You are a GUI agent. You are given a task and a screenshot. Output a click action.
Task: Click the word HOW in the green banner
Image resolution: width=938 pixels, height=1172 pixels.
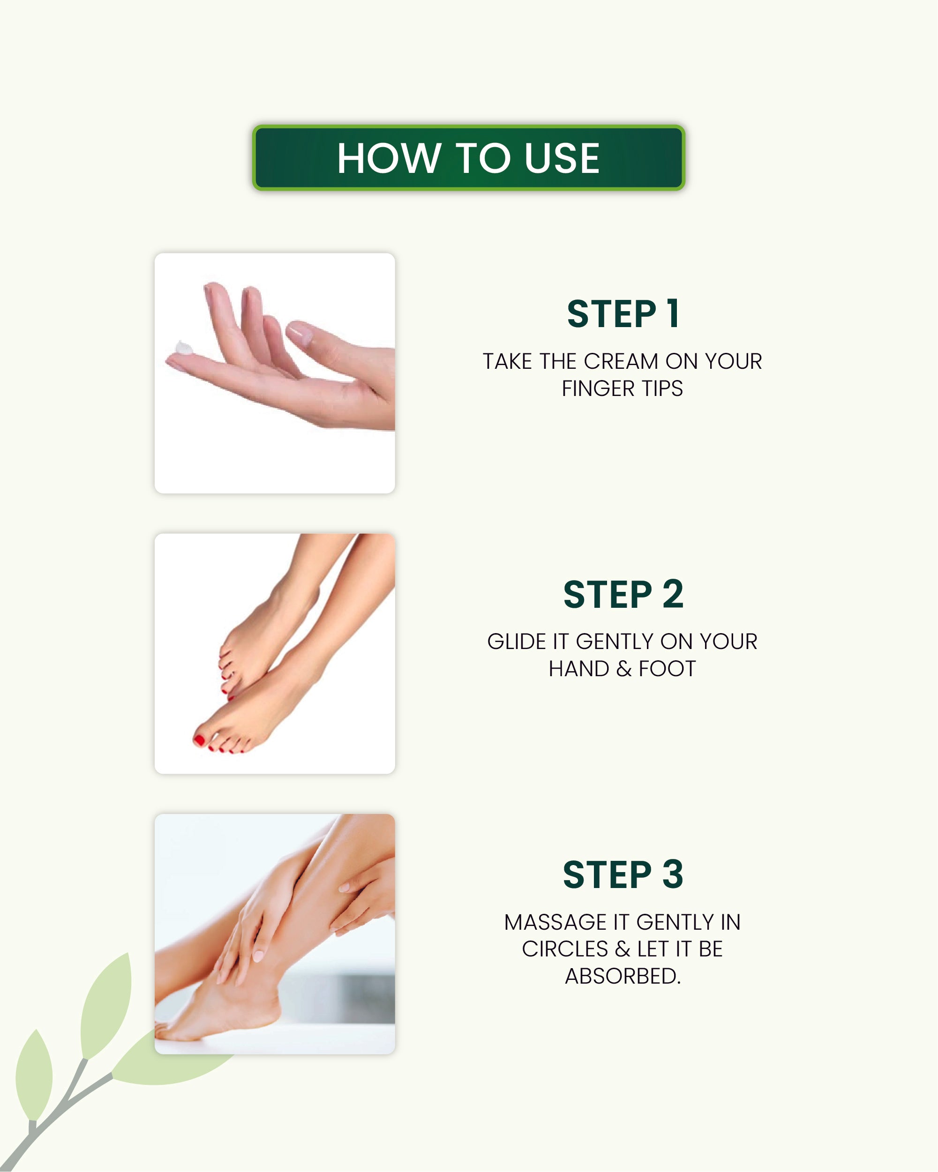(388, 158)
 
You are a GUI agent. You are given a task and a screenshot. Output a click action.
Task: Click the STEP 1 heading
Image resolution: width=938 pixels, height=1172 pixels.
(623, 314)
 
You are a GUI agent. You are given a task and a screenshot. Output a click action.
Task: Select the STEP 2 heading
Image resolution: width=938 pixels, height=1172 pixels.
(623, 594)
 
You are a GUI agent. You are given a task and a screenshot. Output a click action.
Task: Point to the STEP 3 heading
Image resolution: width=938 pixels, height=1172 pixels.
(623, 874)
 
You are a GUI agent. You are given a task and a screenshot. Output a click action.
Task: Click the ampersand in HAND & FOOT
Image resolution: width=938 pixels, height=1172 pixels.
(624, 669)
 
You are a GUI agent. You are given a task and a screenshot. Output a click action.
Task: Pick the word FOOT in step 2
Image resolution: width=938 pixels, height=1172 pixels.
(667, 669)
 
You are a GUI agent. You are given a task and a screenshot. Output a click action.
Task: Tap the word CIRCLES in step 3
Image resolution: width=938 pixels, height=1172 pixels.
(565, 949)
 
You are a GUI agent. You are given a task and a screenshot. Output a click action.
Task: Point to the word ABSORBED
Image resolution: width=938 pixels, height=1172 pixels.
(623, 976)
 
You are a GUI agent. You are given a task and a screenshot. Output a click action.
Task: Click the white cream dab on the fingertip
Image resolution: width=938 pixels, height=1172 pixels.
(183, 347)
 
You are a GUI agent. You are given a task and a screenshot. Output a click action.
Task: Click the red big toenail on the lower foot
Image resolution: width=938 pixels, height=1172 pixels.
(200, 739)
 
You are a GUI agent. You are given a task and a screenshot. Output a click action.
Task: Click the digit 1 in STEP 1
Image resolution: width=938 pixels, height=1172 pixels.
(673, 314)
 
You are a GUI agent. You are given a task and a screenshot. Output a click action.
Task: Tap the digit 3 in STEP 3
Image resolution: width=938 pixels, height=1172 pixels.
(673, 874)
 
